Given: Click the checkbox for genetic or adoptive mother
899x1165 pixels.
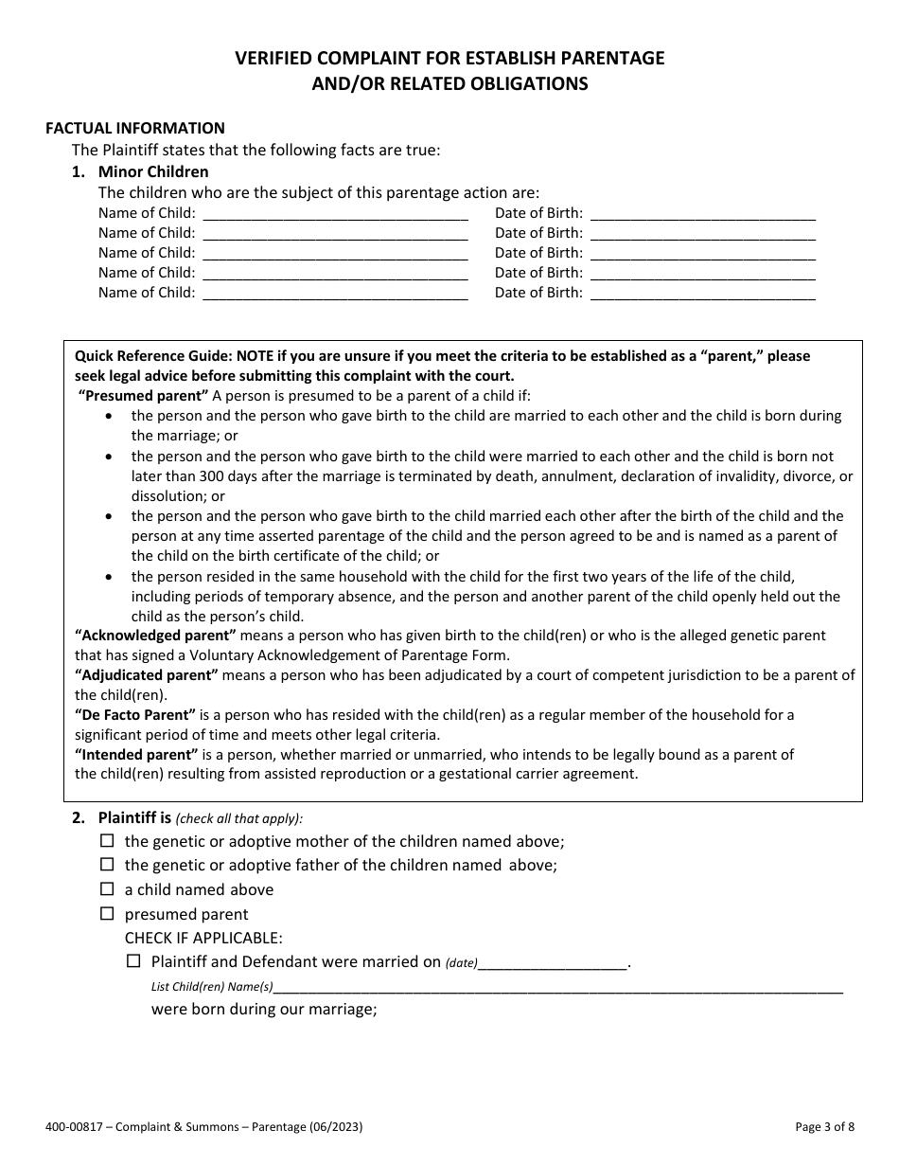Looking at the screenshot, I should [107, 841].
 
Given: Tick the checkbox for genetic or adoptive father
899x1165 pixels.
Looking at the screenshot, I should [107, 865].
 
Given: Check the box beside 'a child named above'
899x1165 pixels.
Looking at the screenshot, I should [107, 889].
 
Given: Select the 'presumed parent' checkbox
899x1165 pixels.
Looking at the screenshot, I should [107, 914].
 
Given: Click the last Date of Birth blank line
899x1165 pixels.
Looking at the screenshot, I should [702, 294].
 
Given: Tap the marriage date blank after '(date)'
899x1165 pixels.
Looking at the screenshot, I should [553, 963].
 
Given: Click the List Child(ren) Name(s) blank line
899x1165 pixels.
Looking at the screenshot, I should [558, 987].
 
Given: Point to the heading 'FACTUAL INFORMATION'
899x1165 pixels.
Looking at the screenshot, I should [135, 128].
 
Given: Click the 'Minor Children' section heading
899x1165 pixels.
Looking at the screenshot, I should [153, 171].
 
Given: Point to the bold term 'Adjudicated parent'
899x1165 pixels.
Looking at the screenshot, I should [147, 674].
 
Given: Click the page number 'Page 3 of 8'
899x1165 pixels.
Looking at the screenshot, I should [824, 1127].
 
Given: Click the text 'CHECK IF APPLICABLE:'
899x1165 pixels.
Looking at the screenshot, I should [203, 938].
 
